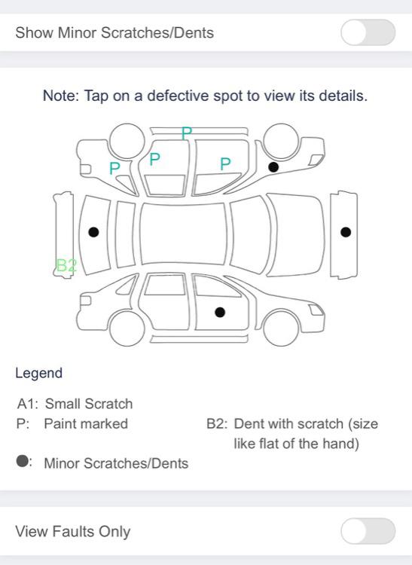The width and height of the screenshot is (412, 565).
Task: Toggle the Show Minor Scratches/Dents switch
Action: [x=368, y=32]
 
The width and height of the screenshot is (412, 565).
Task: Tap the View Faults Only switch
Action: [x=368, y=531]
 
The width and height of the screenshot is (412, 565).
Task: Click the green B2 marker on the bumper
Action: [x=66, y=265]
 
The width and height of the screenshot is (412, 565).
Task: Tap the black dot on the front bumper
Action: [x=346, y=232]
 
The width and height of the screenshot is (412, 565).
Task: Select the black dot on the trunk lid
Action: [x=93, y=232]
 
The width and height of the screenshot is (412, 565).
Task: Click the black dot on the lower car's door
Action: [x=220, y=313]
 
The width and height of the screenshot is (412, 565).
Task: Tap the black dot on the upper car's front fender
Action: [x=273, y=166]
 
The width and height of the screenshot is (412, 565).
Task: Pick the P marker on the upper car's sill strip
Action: [x=187, y=133]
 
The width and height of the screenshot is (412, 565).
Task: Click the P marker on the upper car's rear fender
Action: [x=114, y=168]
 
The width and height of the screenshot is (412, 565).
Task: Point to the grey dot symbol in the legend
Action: [x=23, y=461]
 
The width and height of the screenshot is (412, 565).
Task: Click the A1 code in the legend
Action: [x=27, y=404]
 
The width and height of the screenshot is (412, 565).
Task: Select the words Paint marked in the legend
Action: [x=86, y=423]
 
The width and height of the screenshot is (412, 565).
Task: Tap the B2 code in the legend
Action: [x=217, y=423]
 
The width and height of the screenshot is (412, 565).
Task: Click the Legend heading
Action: [x=39, y=373]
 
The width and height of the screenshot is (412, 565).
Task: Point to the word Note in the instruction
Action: [x=60, y=96]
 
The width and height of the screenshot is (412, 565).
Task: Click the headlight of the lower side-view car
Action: [x=316, y=310]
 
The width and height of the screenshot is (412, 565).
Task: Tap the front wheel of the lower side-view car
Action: [x=281, y=328]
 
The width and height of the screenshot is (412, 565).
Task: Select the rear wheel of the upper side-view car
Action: [x=127, y=141]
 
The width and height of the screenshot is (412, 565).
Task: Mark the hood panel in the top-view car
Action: [x=295, y=234]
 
